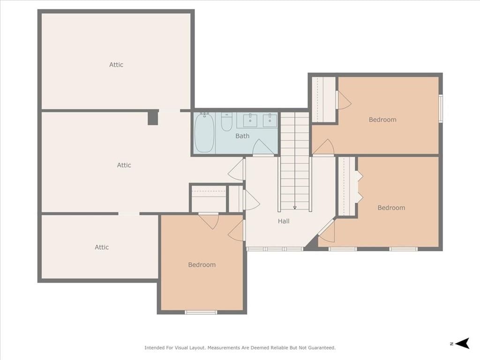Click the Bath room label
pos(242,136)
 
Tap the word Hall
pos(284,221)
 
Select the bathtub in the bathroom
pos(204,132)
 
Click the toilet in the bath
pos(226,121)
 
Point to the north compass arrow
pos(462,343)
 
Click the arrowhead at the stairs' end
pos(295,208)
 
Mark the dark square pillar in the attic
pos(153,118)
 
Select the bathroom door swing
pos(263,147)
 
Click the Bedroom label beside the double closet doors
pos(391,208)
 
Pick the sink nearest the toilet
pos(250,120)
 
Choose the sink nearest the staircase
pos(270,120)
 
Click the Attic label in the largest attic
pos(124,165)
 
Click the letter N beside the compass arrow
pos(451,344)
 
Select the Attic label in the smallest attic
pos(102,247)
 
